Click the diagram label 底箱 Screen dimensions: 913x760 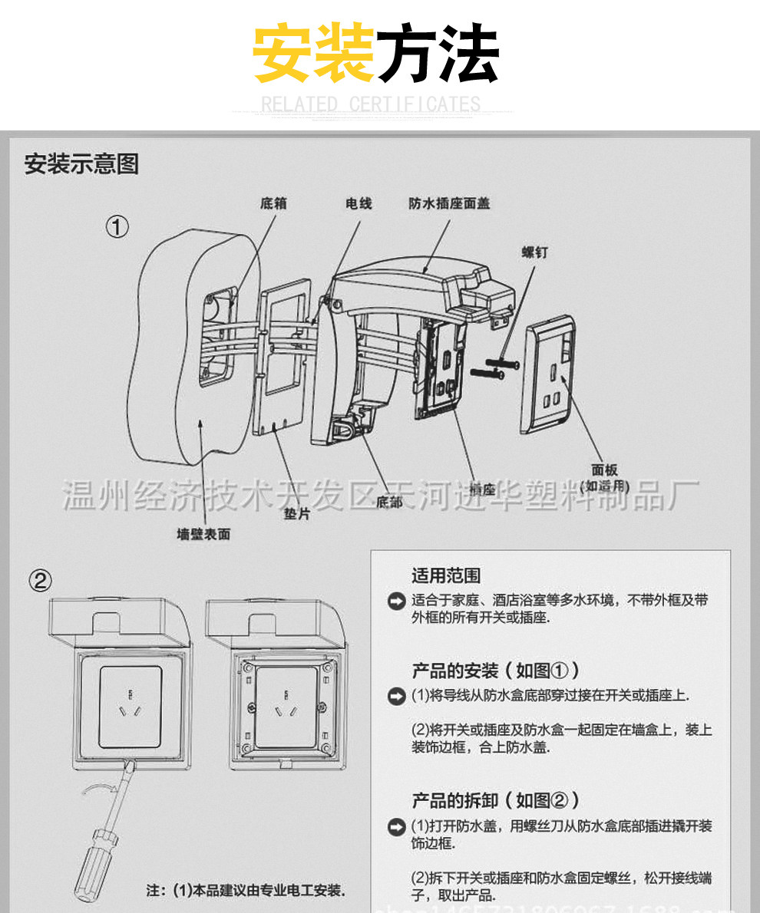(x=274, y=203)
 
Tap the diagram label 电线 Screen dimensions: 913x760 (x=359, y=203)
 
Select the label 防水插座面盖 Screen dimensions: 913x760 (x=449, y=203)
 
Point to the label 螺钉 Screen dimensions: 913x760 (x=535, y=252)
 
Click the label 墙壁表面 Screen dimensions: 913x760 (x=203, y=534)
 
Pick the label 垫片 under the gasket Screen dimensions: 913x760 (x=297, y=514)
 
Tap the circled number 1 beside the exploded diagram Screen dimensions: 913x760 (x=117, y=227)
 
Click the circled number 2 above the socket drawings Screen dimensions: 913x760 (x=41, y=581)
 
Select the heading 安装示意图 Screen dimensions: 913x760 (x=81, y=163)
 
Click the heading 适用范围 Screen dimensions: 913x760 (x=446, y=575)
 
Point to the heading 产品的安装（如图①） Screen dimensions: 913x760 (x=495, y=671)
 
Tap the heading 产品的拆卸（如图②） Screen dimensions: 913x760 (x=495, y=800)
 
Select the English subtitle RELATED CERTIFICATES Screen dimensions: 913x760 (x=371, y=104)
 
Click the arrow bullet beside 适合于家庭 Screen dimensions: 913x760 (x=396, y=601)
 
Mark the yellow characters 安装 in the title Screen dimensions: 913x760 (x=314, y=54)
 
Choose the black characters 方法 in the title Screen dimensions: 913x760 (x=438, y=54)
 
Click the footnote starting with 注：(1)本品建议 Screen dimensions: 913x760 (x=246, y=891)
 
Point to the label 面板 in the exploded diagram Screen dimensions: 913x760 (x=604, y=470)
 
